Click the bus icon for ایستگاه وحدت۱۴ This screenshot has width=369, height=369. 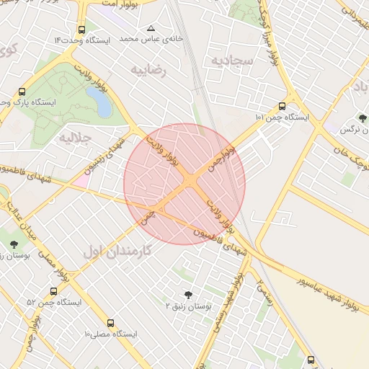click(81, 31)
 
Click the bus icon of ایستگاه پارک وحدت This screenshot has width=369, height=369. click(22, 92)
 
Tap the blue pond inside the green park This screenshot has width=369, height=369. click(101, 102)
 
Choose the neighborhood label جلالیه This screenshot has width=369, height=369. click(74, 136)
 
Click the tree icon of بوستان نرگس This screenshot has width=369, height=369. click(362, 118)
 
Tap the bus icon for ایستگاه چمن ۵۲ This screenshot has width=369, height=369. click(54, 292)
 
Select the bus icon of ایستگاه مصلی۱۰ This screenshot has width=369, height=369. click(110, 324)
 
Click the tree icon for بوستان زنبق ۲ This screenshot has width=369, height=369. click(189, 295)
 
